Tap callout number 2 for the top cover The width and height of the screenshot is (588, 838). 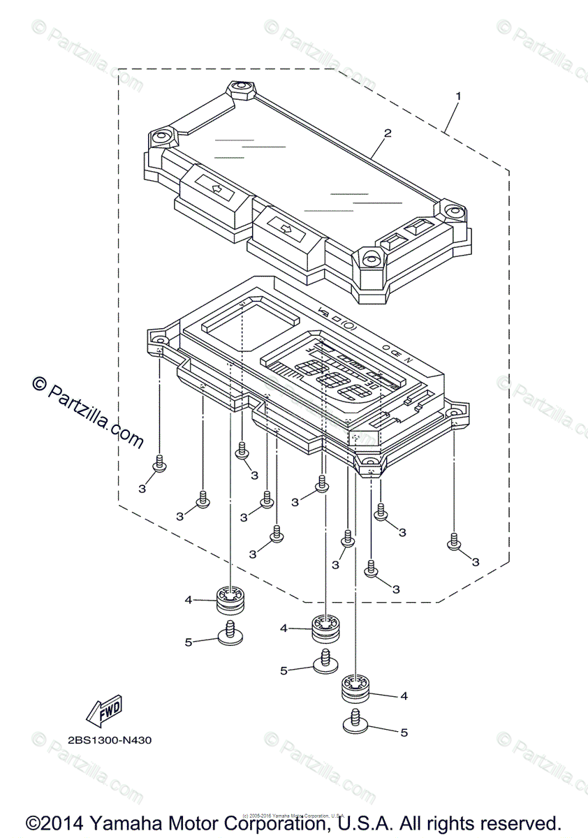tap(388, 133)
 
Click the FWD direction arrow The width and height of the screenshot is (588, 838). tap(103, 710)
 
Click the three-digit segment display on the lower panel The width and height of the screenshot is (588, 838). tap(331, 380)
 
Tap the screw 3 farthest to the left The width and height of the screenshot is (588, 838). tap(159, 463)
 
